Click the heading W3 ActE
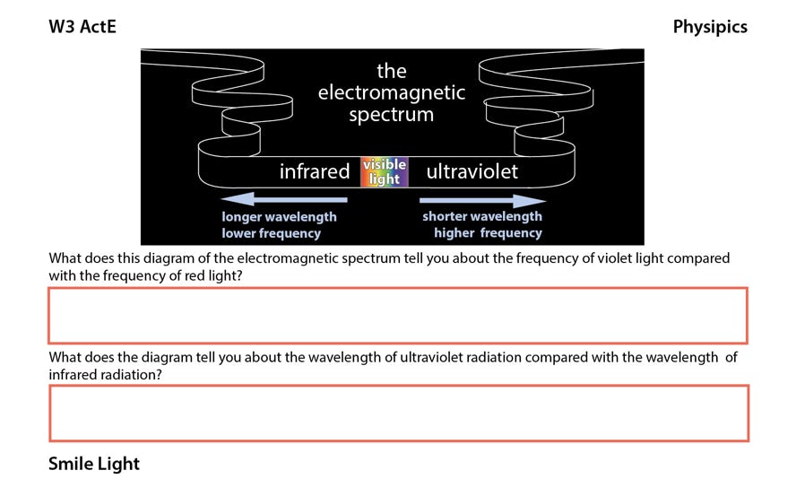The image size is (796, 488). coord(82,26)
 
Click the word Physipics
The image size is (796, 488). coord(710,27)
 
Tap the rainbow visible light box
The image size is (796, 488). coord(385,171)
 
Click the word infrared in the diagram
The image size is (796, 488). coord(315,171)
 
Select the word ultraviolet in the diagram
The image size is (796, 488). coord(472,171)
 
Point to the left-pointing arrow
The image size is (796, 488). coord(284,199)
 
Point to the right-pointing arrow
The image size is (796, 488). coord(483,201)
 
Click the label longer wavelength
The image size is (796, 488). coord(279,217)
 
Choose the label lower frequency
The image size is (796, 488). coord(271,233)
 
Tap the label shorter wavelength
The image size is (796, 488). coord(482,216)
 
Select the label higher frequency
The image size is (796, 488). coord(488,232)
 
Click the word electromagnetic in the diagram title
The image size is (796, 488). coord(392,92)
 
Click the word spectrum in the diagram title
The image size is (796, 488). coord(392,114)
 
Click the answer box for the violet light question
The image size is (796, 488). coord(398,316)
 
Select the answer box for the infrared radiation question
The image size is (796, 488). coord(399,414)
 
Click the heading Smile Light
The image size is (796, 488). coord(94,464)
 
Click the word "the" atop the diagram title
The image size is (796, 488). coord(392,71)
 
